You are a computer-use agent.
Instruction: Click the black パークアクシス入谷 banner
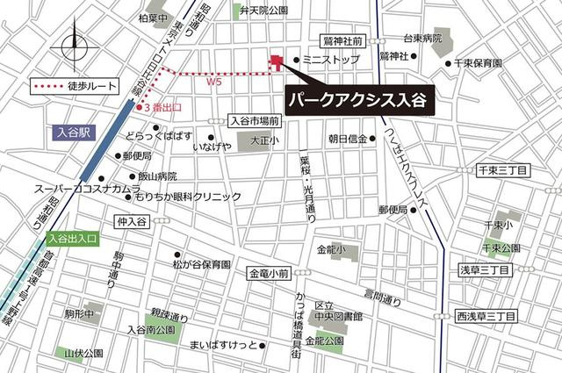357,98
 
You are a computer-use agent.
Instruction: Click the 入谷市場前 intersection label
254,121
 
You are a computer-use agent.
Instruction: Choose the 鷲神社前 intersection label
342,40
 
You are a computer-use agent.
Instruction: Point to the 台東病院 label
421,39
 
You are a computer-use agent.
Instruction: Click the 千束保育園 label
478,63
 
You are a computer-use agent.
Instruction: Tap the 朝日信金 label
347,139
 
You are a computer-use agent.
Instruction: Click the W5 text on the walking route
213,82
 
